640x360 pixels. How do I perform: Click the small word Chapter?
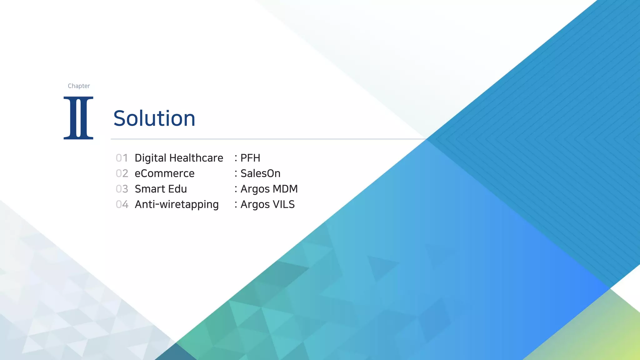[79, 86]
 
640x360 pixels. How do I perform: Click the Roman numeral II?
[78, 118]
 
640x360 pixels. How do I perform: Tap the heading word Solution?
[154, 118]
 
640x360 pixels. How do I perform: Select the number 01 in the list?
[122, 158]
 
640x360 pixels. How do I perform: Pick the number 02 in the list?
[122, 173]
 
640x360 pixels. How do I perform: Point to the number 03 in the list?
[122, 189]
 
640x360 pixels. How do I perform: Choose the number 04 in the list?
[122, 204]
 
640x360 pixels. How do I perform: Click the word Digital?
[150, 158]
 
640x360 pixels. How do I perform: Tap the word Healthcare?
[196, 158]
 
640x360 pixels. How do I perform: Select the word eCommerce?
[164, 173]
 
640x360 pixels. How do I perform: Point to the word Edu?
[177, 189]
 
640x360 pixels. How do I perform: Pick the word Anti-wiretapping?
[177, 205]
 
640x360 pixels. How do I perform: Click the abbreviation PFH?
[250, 158]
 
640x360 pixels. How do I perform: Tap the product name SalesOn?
[260, 173]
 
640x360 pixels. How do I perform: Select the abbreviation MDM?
[285, 189]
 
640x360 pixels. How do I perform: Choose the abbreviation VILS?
[283, 204]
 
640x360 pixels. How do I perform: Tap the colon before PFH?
[236, 158]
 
